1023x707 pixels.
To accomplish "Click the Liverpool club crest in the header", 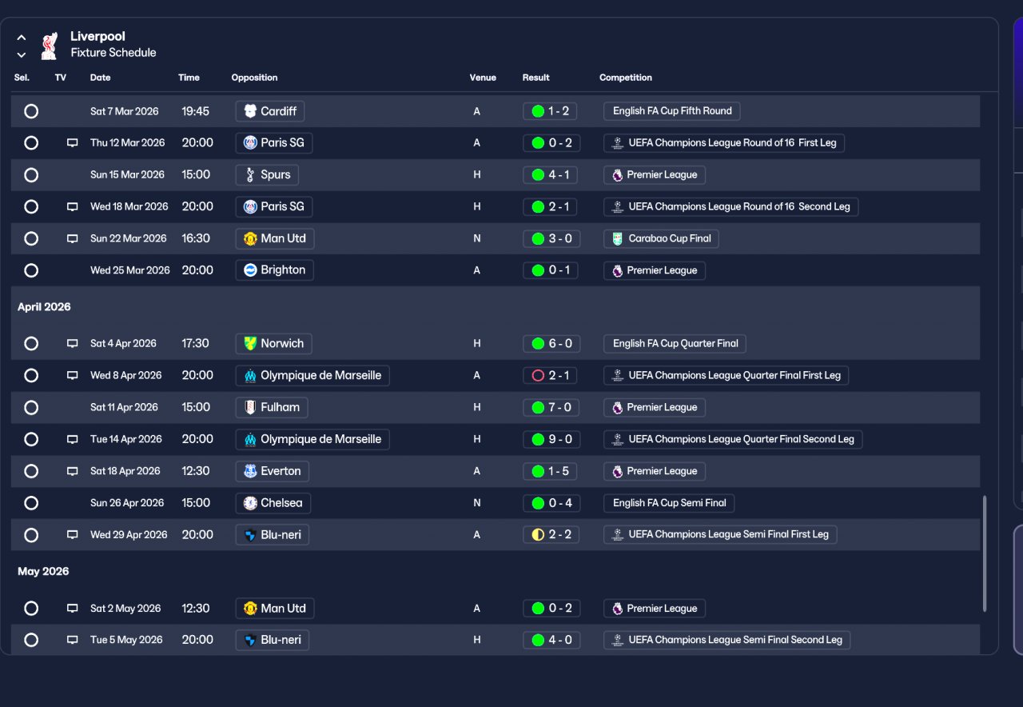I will pos(50,46).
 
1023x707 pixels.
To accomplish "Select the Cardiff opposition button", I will pos(270,111).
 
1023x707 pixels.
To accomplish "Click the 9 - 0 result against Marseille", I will pos(551,439).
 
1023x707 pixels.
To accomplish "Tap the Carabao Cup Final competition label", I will pos(661,238).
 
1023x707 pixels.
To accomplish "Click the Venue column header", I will pos(483,78).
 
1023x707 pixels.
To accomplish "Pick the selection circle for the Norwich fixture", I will pos(31,343).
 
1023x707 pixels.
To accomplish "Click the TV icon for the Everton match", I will pos(73,471).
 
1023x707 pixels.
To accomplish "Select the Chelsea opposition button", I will pos(273,503).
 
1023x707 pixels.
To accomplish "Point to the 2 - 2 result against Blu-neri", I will pos(551,534).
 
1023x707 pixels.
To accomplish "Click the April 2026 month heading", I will pos(44,307).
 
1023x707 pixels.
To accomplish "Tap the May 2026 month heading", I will pos(43,571).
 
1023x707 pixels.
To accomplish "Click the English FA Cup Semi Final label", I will pos(669,503).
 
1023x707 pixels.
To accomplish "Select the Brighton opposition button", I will pos(274,270).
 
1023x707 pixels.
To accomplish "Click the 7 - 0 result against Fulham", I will pos(551,407).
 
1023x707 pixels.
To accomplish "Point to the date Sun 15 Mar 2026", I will pos(127,174).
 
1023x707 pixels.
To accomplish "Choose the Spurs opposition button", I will pos(267,174).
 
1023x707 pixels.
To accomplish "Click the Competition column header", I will pos(626,78).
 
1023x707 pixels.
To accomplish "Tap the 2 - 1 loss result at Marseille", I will pos(551,375).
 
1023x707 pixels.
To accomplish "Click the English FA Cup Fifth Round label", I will pos(671,111).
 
